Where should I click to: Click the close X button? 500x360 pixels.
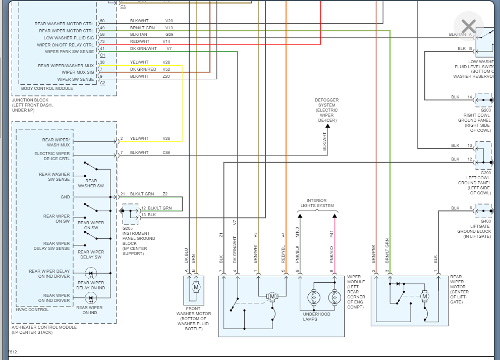coord(469,26)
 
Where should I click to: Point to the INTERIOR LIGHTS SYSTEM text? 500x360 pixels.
coord(317,203)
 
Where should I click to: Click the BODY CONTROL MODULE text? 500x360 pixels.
coord(47,88)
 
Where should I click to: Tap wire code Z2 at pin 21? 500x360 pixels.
coord(165,194)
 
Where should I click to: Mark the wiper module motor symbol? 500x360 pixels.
coord(272,296)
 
